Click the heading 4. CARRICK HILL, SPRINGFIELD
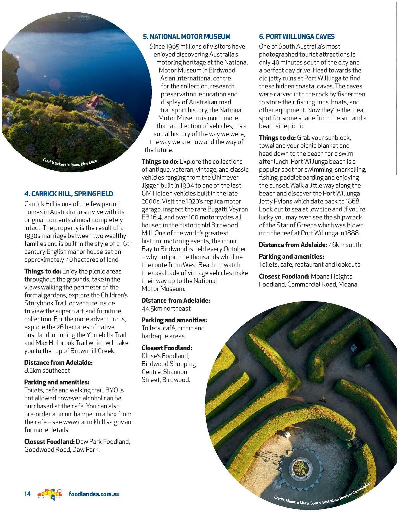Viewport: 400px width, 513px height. point(69,194)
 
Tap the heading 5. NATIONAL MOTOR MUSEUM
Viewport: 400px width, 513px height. point(187,36)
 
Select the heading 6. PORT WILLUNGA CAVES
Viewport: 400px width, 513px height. point(297,36)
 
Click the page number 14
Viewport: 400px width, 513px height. point(27,494)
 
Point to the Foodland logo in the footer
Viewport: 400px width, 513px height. point(49,494)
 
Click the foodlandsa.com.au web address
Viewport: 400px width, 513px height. point(94,494)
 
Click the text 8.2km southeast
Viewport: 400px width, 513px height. point(47,370)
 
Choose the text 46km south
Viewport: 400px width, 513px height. point(345,245)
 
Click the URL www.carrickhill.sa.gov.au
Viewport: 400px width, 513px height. point(97,422)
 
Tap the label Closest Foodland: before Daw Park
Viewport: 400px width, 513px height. point(49,441)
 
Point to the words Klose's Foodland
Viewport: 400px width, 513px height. point(165,356)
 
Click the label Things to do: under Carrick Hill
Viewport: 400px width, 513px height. point(43,271)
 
